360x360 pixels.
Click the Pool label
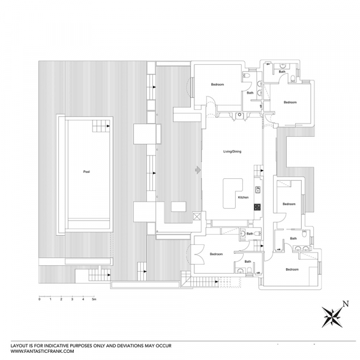(x=86, y=172)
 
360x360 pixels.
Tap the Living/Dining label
(x=232, y=152)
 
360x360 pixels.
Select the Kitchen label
(x=243, y=197)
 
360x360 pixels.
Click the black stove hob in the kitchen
(x=257, y=207)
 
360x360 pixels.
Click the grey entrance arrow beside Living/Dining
(x=197, y=170)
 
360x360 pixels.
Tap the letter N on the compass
(x=346, y=304)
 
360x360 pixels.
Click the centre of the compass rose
(x=332, y=317)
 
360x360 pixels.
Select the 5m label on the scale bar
(x=94, y=299)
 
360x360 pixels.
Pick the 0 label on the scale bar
(x=40, y=299)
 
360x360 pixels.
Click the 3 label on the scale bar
(x=72, y=299)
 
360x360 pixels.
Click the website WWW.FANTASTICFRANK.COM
(x=42, y=351)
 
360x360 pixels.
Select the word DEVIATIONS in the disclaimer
(x=131, y=346)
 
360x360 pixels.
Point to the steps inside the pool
(x=101, y=126)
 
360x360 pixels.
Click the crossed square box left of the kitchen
(x=197, y=217)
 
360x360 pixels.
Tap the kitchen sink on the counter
(x=258, y=190)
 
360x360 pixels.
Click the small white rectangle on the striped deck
(x=179, y=206)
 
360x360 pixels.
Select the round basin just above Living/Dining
(x=239, y=115)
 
